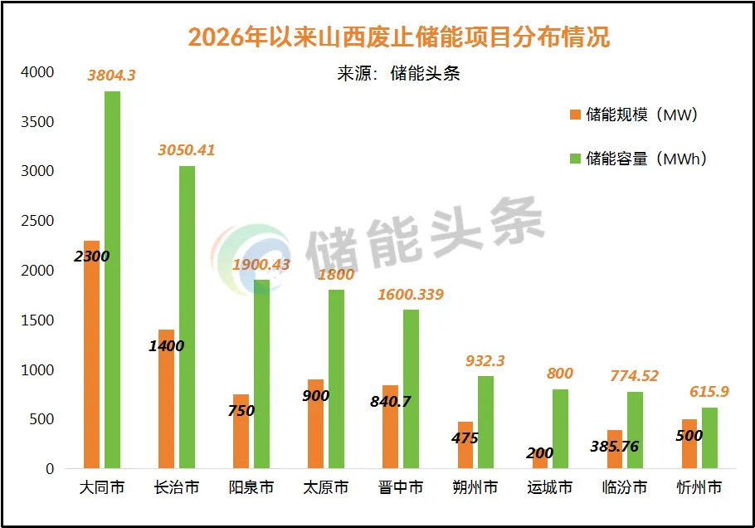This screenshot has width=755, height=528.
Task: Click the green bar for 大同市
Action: coord(112,280)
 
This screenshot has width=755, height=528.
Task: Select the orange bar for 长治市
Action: coord(166,398)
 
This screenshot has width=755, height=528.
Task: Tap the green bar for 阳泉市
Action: coord(262,374)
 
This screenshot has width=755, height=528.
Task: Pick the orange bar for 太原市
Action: coord(315,424)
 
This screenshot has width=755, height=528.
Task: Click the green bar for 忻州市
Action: coord(709,438)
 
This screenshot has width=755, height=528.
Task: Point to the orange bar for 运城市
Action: coord(540,458)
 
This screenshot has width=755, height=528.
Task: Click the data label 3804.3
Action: coord(112,76)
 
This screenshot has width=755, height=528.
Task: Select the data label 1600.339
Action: coord(411,295)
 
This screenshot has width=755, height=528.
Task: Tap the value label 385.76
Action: coord(615,447)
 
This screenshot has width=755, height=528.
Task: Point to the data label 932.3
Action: coord(485,361)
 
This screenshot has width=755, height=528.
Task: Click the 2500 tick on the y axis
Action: coord(37,221)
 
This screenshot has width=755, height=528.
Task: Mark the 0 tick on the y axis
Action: coord(50,469)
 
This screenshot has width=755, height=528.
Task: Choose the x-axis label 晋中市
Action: coord(401,487)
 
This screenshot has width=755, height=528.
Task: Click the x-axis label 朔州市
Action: coord(475,487)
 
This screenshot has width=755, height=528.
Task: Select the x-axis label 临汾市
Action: coord(625,487)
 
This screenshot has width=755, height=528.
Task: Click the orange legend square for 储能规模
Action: coord(575,115)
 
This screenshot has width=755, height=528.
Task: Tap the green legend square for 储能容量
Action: coord(575,159)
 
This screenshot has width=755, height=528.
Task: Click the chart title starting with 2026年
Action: coord(399,37)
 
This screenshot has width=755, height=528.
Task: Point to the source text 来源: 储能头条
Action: coord(399,74)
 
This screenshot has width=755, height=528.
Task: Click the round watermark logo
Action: coord(251,259)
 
